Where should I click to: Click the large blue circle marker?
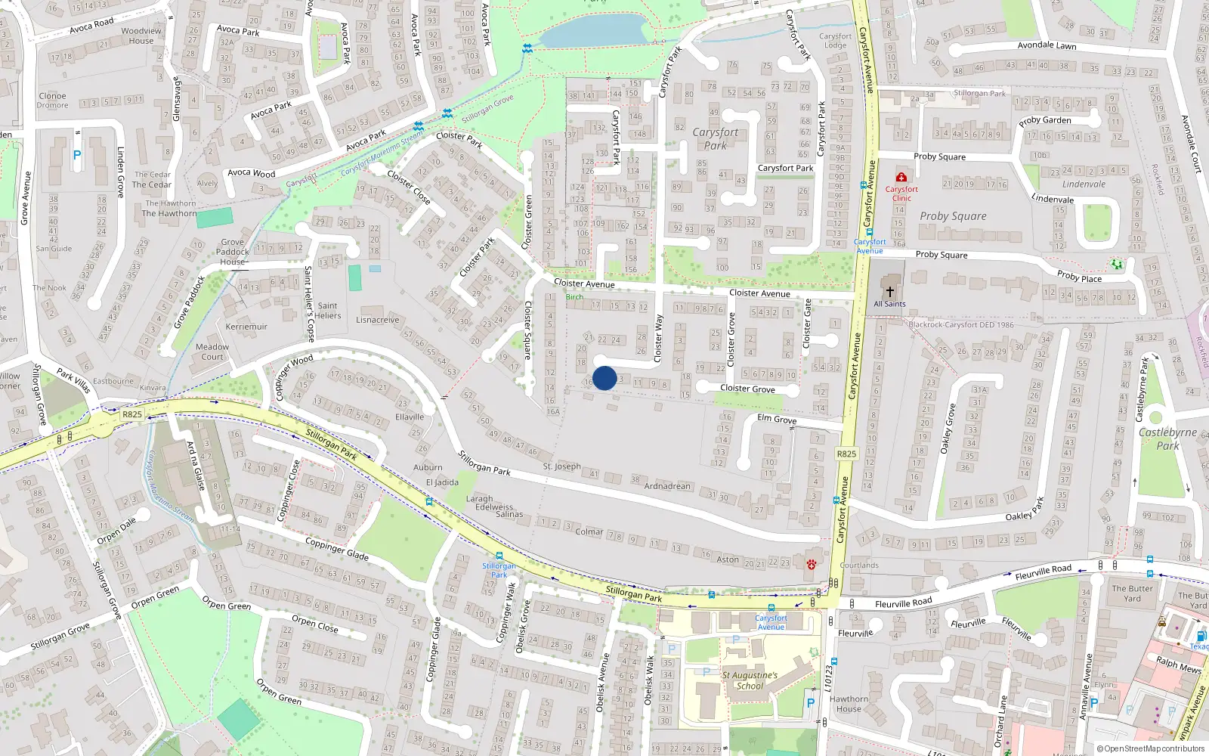point(604,378)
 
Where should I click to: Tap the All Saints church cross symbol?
point(890,291)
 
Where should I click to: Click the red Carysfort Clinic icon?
point(901,177)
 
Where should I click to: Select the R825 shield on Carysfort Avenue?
point(846,454)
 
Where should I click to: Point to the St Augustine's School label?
point(750,680)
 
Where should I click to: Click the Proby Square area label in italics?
point(953,216)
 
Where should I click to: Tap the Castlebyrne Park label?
point(1167,438)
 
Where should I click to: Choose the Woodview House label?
point(141,36)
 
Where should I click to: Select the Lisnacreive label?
point(377,320)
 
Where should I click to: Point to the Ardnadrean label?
point(667,486)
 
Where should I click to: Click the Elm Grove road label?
point(777,420)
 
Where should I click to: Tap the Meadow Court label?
point(212,352)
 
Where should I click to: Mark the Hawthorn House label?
point(849,704)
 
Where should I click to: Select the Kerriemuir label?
point(246,327)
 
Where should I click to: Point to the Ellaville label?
point(410,417)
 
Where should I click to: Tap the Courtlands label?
point(859,565)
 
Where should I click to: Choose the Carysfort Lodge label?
point(835,40)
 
